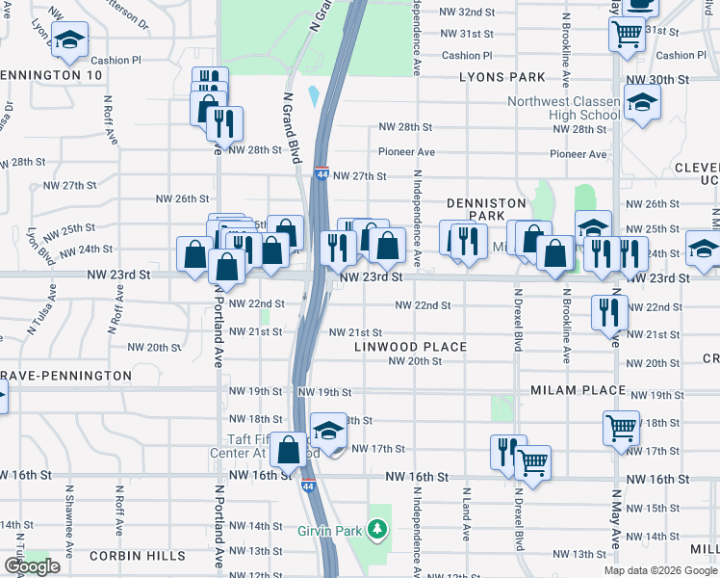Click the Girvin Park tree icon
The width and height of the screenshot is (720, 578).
(x=379, y=529)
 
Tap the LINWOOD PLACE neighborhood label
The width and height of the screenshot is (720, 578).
(x=410, y=347)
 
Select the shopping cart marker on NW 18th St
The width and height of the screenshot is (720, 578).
(x=621, y=426)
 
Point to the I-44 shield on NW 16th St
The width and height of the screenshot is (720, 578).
(x=309, y=477)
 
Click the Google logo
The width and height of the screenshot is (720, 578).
(x=32, y=566)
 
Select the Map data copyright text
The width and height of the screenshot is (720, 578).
(x=660, y=570)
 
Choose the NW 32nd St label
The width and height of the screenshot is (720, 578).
(x=466, y=12)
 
